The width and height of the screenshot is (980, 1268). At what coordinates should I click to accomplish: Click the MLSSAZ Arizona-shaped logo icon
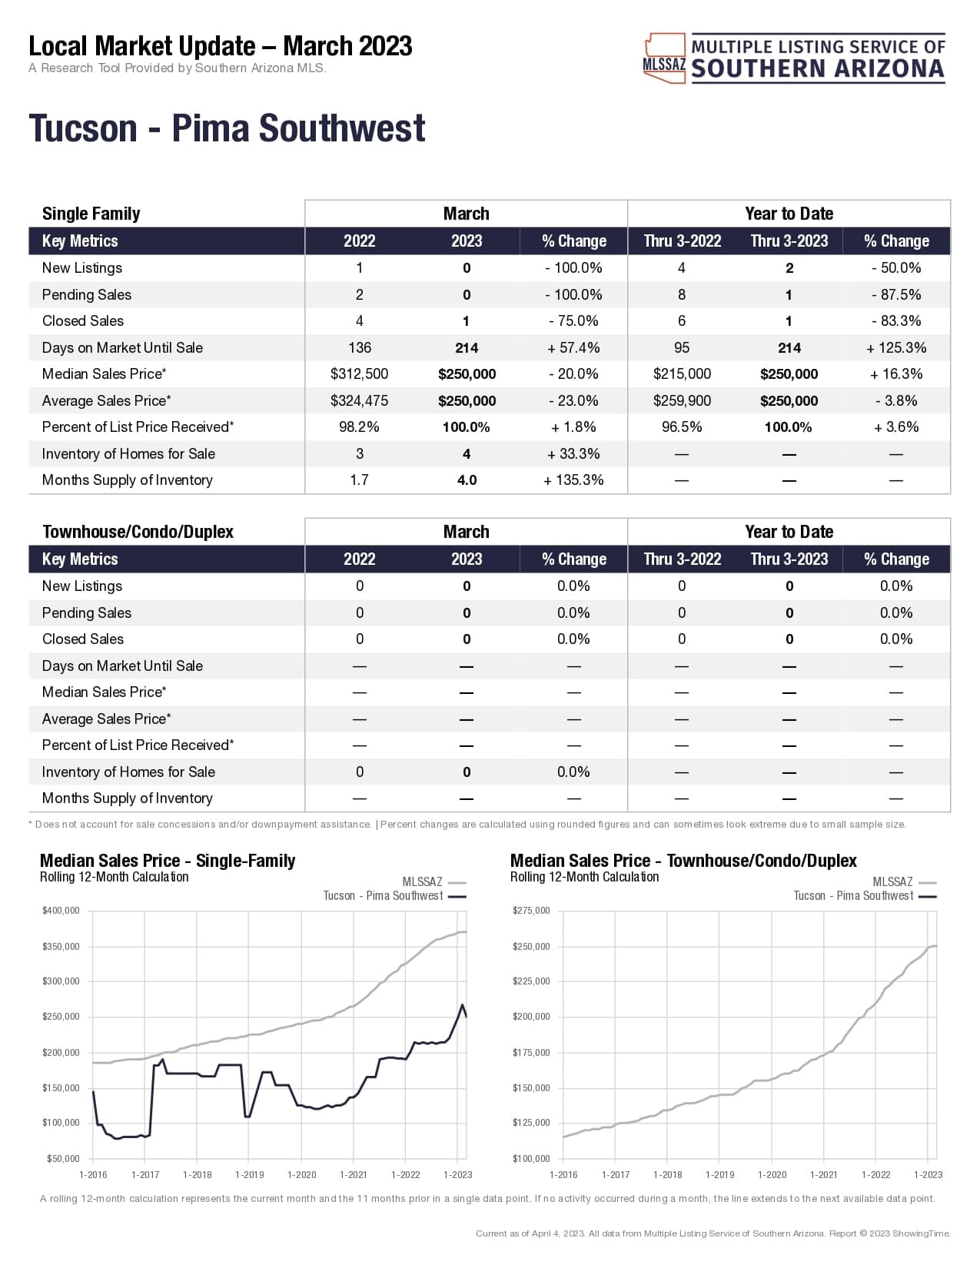point(664,58)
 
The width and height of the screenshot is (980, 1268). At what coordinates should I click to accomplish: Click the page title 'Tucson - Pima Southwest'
point(227,128)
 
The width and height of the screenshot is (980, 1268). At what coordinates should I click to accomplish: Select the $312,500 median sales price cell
point(359,374)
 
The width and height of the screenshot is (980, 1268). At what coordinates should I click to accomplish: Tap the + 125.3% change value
point(896,347)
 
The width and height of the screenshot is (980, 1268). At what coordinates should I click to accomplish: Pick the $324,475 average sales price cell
point(359,400)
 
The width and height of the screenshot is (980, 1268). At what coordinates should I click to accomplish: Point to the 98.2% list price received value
point(359,427)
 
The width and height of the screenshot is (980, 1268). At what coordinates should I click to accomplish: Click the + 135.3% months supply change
point(573,480)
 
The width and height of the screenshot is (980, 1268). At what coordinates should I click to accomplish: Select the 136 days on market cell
point(359,347)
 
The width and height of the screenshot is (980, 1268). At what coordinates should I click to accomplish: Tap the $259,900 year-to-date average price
point(682,400)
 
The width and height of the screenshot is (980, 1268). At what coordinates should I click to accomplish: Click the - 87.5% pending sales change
point(896,294)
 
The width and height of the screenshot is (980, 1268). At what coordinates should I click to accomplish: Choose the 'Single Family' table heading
point(91,214)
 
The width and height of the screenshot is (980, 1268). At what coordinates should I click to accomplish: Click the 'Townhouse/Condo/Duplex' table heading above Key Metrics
point(138,532)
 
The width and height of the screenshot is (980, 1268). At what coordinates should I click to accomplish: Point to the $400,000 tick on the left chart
point(61,911)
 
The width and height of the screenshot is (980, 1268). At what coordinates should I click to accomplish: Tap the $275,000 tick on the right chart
point(531,911)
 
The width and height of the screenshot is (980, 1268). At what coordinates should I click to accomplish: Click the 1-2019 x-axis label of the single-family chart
point(249,1174)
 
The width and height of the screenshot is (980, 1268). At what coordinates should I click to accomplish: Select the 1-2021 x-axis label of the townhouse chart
point(823,1174)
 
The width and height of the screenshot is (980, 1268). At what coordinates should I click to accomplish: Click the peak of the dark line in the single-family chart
point(463,1004)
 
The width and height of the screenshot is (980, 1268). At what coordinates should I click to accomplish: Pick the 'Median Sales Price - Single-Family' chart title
point(168,861)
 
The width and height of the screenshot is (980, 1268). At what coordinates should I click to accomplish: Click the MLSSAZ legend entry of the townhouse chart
point(893,882)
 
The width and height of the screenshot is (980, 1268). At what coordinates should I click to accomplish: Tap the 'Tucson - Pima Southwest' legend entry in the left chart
point(384,896)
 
